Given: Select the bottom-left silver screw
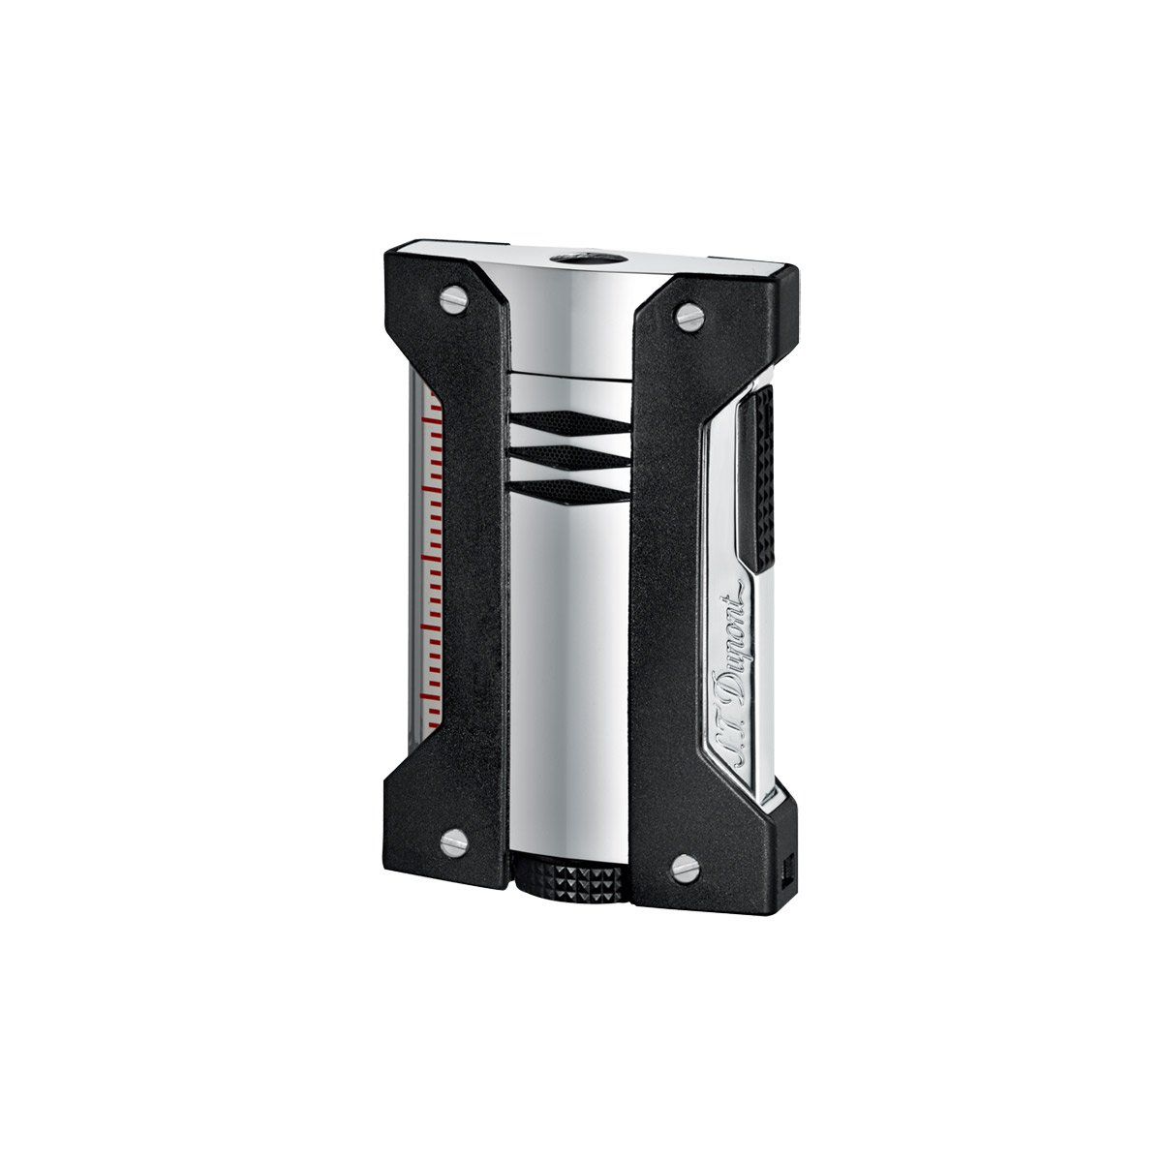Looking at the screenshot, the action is [x=454, y=841].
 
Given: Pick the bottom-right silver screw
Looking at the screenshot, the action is [x=687, y=868].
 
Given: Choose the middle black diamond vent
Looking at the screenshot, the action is [x=569, y=457].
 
